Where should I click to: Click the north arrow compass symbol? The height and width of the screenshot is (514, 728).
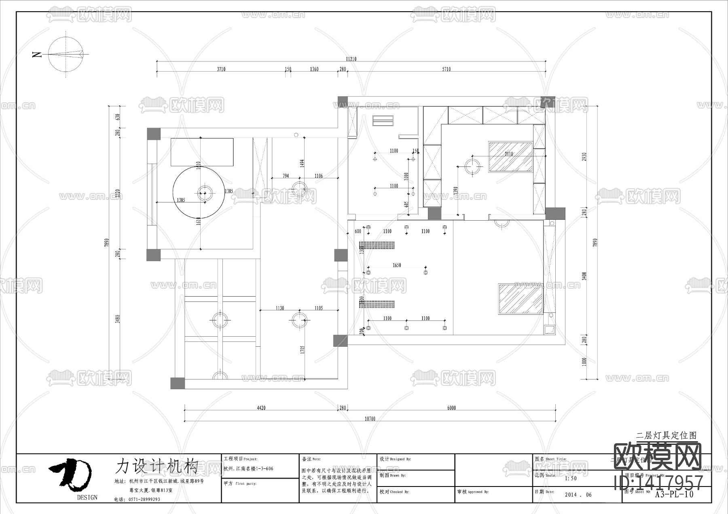coord(66,54)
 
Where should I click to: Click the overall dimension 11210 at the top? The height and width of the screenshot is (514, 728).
coord(351,59)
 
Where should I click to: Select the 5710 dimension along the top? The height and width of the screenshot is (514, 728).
coord(446,69)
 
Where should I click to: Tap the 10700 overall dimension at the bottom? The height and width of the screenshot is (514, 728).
coord(370,419)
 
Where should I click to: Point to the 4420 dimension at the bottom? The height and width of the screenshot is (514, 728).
coord(261,408)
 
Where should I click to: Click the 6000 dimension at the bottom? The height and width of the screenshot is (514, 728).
coord(451,408)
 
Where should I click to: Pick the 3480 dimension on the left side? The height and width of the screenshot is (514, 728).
coord(117,318)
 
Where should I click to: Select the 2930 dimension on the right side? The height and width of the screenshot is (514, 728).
coord(584,157)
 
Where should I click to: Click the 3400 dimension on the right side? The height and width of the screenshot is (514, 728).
coord(584,276)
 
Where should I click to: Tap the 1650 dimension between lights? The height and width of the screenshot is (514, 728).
coord(397,265)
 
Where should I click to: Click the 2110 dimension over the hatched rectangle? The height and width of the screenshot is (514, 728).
coord(509,154)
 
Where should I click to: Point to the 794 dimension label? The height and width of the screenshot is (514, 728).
coord(286,176)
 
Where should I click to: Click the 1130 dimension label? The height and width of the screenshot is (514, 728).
coord(280,308)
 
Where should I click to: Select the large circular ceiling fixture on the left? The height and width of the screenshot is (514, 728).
coord(198,193)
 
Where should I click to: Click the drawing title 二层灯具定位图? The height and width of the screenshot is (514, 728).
coord(667,436)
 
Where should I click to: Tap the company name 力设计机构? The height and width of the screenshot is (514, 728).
coord(157,466)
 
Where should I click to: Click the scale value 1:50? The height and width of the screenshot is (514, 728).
coord(571,478)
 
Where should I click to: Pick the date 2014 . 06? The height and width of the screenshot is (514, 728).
coord(578,495)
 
